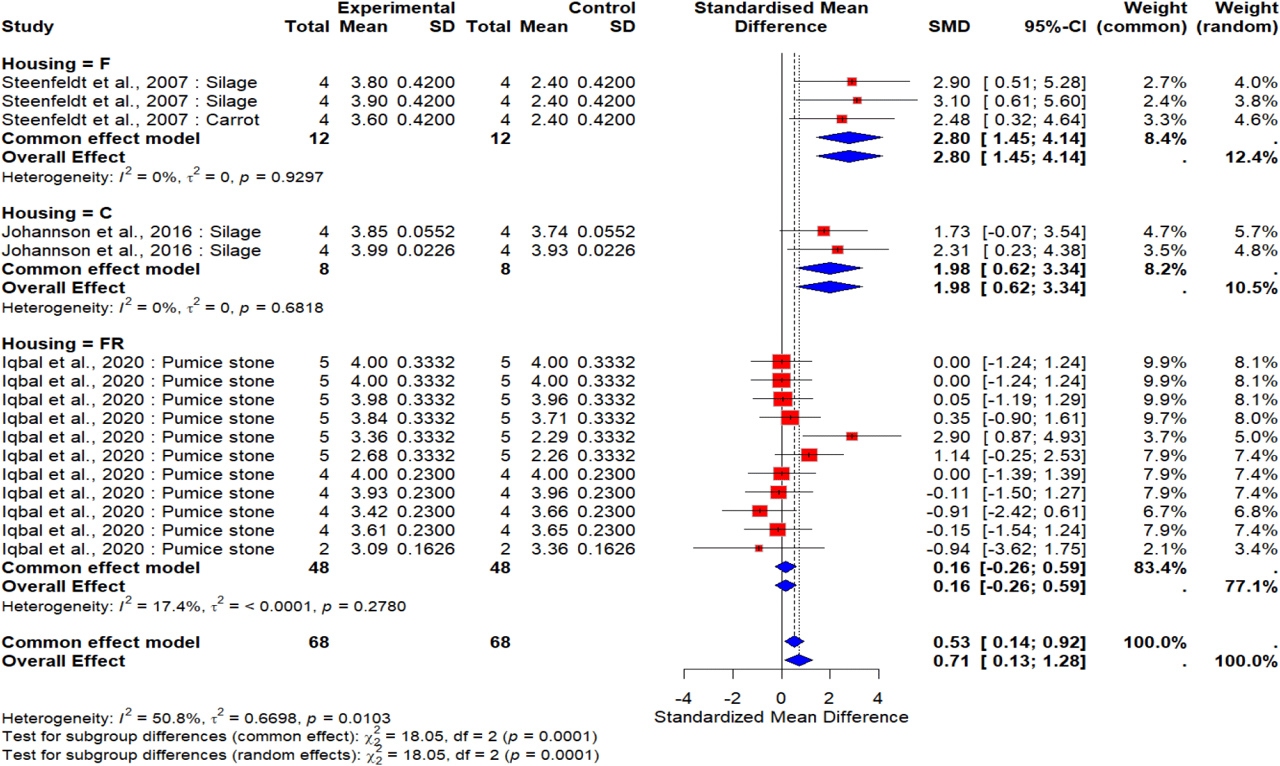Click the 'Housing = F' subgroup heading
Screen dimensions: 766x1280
[x=56, y=64]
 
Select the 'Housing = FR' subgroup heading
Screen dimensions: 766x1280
[x=63, y=343]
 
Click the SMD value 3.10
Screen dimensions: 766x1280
[x=951, y=101]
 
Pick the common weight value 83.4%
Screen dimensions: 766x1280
[x=1160, y=568]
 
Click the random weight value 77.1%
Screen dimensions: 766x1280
[x=1251, y=586]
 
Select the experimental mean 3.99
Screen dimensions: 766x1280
[x=369, y=250]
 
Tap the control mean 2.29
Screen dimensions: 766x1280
[x=549, y=437]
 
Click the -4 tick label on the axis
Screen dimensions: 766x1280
[x=683, y=698]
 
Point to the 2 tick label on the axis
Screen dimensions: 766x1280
[x=830, y=698]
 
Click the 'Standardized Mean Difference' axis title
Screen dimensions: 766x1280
[x=781, y=717]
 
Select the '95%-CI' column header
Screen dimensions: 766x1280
[x=1055, y=26]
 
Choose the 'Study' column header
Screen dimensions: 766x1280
[x=28, y=26]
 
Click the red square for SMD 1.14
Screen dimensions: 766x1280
[x=809, y=455]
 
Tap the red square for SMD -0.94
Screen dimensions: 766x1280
[x=759, y=548]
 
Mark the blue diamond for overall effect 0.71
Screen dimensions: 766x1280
[x=799, y=661]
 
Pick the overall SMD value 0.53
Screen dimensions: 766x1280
[x=951, y=642]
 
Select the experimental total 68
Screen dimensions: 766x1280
[x=318, y=642]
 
